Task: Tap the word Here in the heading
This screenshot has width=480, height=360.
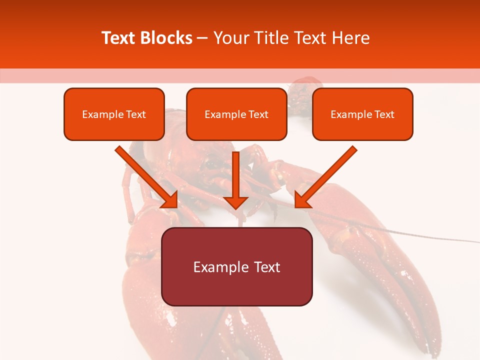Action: (349, 38)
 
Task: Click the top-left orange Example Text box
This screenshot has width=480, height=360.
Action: (114, 114)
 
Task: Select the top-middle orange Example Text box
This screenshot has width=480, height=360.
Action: (236, 114)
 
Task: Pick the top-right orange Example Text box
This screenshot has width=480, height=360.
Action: (362, 114)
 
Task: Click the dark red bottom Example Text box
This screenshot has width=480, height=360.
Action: (236, 267)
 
